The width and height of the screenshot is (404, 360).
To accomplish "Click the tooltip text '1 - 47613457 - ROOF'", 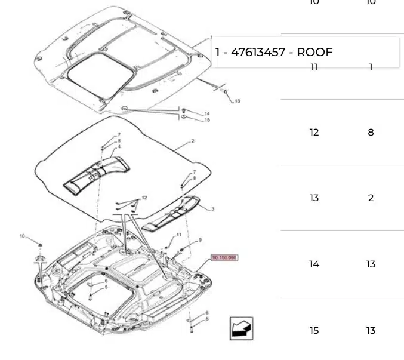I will tap(274, 52).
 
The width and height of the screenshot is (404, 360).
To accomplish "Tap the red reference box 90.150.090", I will tap(224, 258).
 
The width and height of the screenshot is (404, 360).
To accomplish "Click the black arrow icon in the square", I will tap(242, 328).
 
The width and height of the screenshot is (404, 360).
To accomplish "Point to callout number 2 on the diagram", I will tap(193, 141).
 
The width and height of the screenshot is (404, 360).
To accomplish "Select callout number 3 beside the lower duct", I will tap(213, 209).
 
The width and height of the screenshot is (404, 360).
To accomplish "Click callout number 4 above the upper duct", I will tap(119, 146).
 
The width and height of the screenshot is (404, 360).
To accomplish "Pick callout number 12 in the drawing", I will tap(144, 198).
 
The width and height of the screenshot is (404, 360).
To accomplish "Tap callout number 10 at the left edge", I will tap(22, 236).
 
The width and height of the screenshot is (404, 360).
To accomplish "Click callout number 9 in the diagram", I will tap(200, 240).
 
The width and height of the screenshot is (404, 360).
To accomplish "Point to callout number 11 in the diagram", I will tap(178, 235).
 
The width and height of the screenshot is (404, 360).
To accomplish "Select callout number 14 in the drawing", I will tap(207, 113).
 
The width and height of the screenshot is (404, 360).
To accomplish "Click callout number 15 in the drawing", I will tap(207, 120).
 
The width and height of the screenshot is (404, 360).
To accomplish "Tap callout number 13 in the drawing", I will tap(237, 101).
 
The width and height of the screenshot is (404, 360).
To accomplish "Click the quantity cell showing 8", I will tap(371, 133).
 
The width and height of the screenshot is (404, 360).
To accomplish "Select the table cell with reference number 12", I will tap(314, 133).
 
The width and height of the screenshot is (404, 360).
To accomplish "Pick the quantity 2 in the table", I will tap(371, 198).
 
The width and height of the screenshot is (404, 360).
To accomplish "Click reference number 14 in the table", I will tap(314, 264).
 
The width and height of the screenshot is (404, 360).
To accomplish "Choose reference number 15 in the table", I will tap(314, 331).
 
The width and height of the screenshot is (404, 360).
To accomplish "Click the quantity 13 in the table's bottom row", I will tap(371, 331).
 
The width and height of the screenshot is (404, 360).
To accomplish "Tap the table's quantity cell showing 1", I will tap(371, 67).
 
